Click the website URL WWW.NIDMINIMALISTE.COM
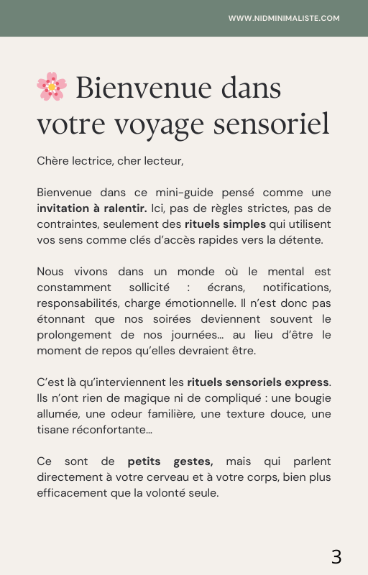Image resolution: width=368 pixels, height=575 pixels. click(x=284, y=18)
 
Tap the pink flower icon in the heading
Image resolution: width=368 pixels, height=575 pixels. click(x=51, y=87)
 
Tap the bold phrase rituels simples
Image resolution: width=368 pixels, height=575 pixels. click(x=225, y=224)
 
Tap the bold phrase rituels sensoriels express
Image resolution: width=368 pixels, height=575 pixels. click(x=258, y=382)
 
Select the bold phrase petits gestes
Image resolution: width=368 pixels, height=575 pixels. click(x=170, y=461)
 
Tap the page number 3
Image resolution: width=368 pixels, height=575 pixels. click(x=336, y=556)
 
